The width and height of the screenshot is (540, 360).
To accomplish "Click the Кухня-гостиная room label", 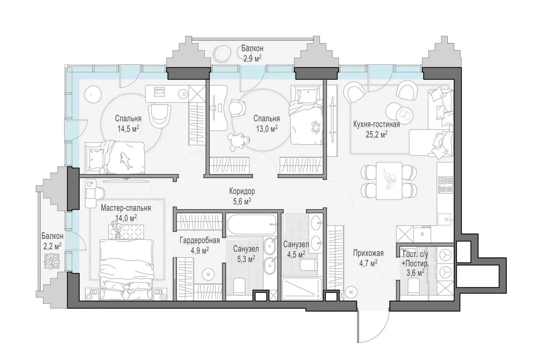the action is [x=376, y=124].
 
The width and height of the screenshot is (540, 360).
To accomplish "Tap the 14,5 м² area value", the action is [x=128, y=129].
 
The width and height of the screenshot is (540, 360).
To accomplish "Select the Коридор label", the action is [x=242, y=191].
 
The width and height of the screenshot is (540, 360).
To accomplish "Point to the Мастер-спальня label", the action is [x=126, y=208].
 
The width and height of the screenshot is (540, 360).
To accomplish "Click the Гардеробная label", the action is [x=199, y=240].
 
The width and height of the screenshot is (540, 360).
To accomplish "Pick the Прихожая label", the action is [x=368, y=253].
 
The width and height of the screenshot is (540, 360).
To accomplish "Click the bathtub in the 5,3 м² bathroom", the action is [x=251, y=224].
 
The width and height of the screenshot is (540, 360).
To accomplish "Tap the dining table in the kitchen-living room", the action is [x=389, y=181].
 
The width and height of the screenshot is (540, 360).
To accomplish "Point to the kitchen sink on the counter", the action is [x=444, y=220].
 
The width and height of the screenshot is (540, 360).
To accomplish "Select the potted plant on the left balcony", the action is [x=52, y=261].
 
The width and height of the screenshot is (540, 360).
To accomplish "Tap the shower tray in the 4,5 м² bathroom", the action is [x=302, y=289].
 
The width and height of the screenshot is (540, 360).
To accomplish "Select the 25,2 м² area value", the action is [x=377, y=134].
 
